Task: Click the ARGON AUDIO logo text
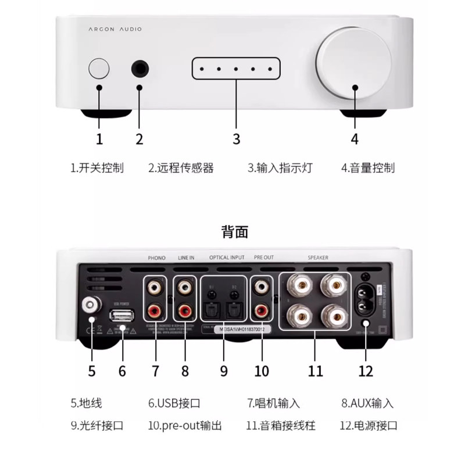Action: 115,29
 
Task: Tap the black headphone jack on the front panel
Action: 139,69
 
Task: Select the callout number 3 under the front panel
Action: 236,139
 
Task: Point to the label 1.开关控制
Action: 97,168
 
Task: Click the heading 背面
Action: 235,233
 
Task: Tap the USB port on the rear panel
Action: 121,316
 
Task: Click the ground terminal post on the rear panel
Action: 90,303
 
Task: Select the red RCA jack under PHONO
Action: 156,310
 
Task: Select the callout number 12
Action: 366,370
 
